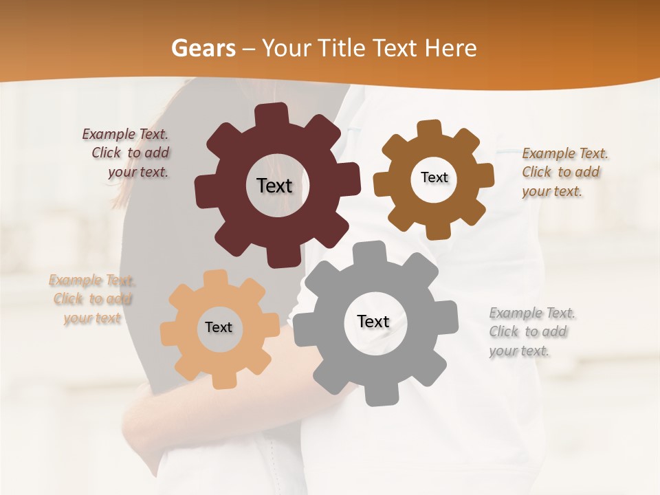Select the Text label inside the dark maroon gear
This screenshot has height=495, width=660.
pos(274,186)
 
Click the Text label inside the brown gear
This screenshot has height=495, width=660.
pos(434,177)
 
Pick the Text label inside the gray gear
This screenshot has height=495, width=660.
pos(373,321)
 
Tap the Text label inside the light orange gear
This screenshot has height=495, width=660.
pos(219,327)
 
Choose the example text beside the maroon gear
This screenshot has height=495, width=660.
pos(126,153)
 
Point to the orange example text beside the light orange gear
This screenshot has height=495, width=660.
pos(91,299)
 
